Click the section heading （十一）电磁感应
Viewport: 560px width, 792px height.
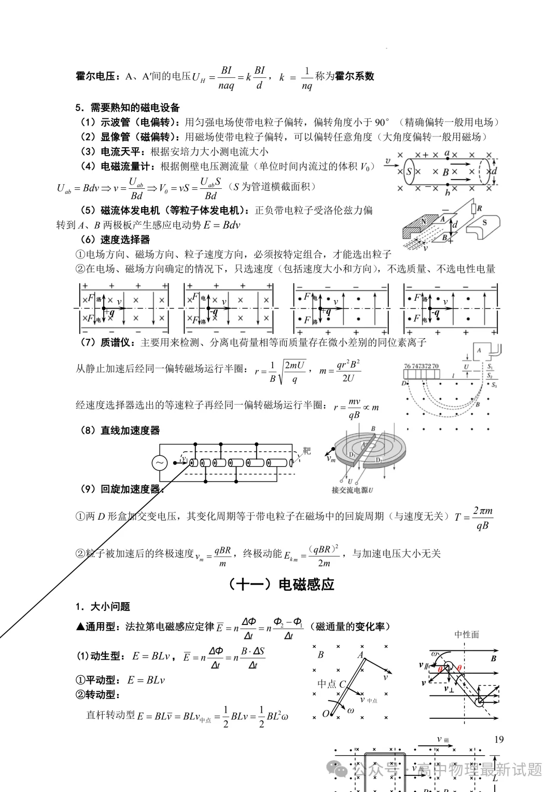coord(281,584)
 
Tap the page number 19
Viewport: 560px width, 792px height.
coord(499,739)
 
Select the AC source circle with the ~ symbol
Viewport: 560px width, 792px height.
coord(159,463)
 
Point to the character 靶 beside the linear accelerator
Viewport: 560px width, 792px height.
coord(307,451)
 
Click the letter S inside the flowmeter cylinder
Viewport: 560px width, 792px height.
coord(410,172)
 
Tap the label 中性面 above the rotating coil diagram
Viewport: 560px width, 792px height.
coord(467,634)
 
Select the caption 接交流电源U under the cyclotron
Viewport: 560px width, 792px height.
coord(353,490)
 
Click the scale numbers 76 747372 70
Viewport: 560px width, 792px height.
coord(421,366)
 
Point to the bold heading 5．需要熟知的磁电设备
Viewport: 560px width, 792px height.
coord(128,107)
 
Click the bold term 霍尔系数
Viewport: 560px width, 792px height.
coord(355,76)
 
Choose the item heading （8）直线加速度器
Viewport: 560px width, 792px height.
coord(120,430)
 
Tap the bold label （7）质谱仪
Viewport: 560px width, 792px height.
coord(108,342)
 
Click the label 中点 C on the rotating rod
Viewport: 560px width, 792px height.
coord(331,684)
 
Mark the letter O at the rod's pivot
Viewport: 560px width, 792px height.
coord(326,714)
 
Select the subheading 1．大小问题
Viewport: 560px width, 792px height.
coord(103,606)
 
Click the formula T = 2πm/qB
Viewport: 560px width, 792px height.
coord(474,518)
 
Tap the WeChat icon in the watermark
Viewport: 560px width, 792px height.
coord(341,770)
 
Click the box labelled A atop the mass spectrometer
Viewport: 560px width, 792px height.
coord(480,351)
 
